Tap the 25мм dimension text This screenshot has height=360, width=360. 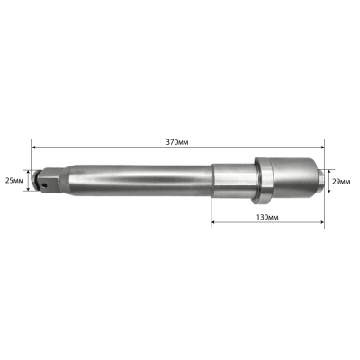pyautogui.click(x=13, y=179)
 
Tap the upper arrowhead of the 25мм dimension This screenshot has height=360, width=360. pyautogui.click(x=31, y=170)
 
